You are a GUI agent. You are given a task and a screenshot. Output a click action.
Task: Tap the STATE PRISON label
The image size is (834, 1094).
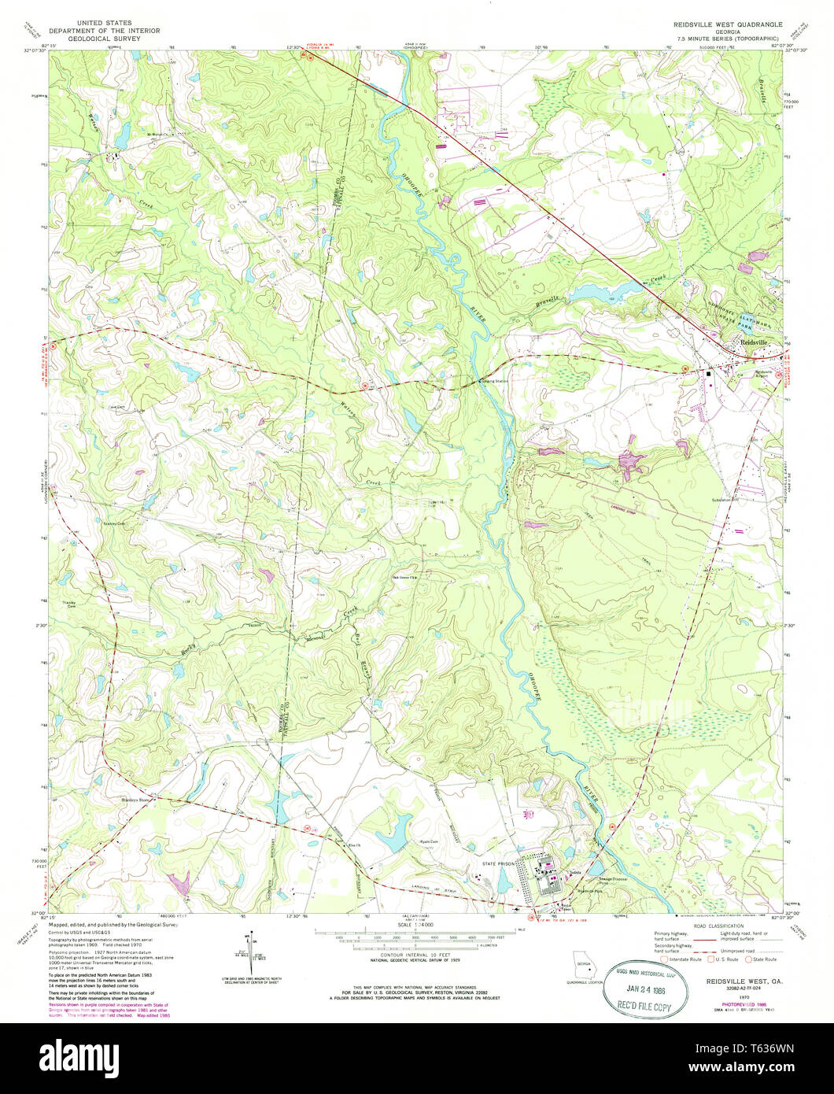coord(498,863)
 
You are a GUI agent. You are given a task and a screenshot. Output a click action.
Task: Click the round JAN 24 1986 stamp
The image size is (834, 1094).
coord(644,991)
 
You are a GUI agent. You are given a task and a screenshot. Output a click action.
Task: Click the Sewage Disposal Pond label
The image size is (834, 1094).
coord(615,880)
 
